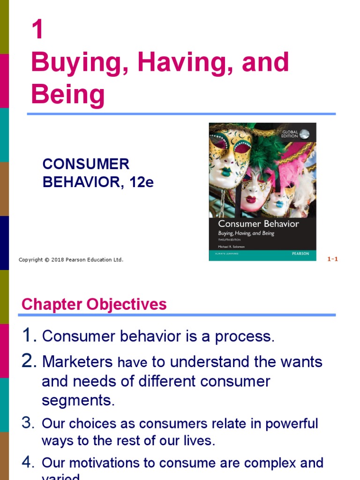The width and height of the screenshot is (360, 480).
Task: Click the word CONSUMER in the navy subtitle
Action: point(86,164)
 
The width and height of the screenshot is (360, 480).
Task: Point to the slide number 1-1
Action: point(332,259)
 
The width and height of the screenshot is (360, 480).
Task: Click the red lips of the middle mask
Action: point(251,200)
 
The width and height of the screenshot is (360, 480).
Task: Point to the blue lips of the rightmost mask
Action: point(280,204)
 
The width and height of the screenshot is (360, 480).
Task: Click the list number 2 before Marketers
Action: point(29,361)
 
